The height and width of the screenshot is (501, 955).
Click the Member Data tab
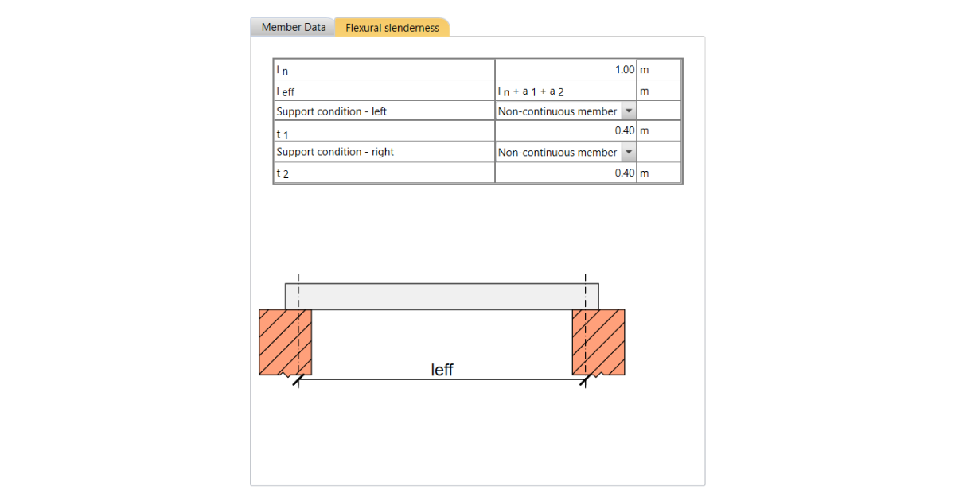coord(293,27)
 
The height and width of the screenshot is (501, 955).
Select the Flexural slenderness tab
coord(392,28)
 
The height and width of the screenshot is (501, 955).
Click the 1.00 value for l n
coord(624,70)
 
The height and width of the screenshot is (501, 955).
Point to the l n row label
coord(283,71)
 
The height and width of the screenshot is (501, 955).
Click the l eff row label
coord(285,91)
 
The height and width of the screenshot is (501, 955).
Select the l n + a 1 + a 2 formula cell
coord(530,91)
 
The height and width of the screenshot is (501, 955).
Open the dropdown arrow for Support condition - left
coord(629,111)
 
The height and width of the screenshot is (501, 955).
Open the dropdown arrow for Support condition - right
coord(629,152)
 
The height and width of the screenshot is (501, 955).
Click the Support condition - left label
coord(331,111)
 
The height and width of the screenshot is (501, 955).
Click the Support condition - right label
coord(335,152)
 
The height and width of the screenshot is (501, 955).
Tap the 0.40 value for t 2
coord(624,173)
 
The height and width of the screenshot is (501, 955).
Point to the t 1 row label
coord(282,133)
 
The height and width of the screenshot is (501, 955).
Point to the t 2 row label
coord(282,173)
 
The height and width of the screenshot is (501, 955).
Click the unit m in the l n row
coord(644,70)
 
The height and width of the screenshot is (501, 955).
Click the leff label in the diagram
coord(442,370)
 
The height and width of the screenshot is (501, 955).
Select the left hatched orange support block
coord(284,342)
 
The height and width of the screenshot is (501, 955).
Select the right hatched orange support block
coord(598,342)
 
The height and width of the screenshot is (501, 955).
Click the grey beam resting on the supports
coord(442,296)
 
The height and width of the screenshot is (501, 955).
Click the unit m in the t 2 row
coord(644,173)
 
